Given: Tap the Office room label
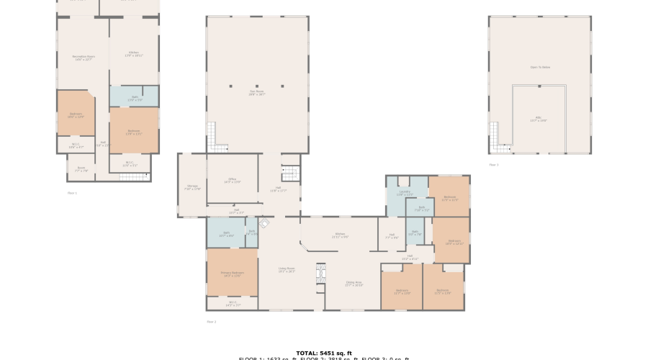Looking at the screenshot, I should point(232,181).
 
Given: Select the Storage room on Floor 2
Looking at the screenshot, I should point(192,187).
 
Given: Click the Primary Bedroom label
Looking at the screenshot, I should point(232,274).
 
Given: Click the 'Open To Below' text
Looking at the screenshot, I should point(540,67).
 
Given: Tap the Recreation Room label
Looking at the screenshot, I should point(83,57).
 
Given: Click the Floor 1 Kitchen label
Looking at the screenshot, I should point(133,53).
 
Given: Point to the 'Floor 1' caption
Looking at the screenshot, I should point(71,193).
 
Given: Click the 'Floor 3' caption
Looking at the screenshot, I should point(493,165).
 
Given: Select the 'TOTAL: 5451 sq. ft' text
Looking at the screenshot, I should point(323,354).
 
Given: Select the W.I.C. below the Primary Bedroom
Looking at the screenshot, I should point(232,303).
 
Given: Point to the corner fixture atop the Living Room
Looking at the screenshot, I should point(264,224).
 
